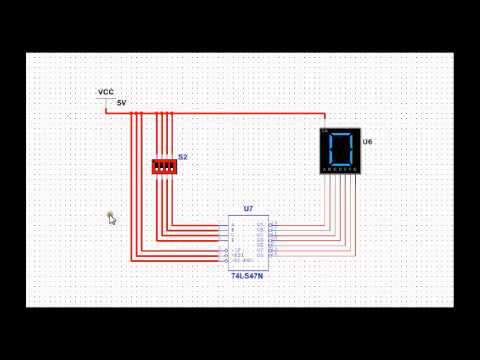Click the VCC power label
point(105,92)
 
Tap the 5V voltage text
point(121,102)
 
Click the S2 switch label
point(183,157)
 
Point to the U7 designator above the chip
point(248,209)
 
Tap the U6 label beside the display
point(367,142)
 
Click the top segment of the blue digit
point(341,133)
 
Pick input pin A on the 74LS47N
point(233,224)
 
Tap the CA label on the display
point(324,131)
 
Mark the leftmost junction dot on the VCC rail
point(133,113)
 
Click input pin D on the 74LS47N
point(233,241)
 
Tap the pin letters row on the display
point(341,172)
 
